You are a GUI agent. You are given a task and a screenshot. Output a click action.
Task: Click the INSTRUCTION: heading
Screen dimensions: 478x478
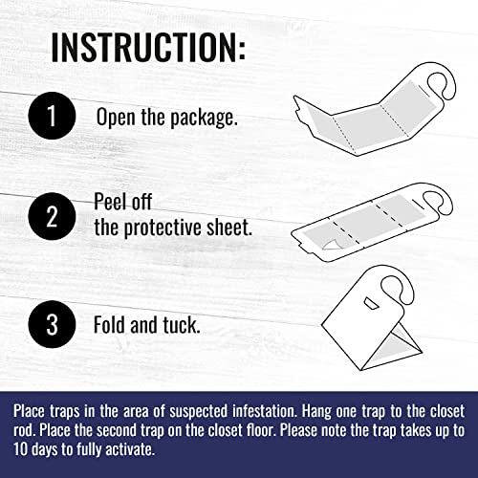[148, 47]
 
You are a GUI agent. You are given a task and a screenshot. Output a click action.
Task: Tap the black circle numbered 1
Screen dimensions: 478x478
[52, 116]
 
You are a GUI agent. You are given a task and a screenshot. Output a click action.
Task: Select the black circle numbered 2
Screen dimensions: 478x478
[52, 216]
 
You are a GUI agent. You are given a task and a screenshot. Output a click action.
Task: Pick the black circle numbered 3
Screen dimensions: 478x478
[52, 324]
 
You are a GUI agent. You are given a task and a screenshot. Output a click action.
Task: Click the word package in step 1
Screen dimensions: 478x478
[204, 118]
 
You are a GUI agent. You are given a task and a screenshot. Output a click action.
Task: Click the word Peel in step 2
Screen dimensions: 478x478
[109, 202]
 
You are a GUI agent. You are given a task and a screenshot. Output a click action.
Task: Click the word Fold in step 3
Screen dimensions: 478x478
[109, 324]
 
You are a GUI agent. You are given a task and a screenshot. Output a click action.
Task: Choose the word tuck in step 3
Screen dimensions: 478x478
[182, 324]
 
